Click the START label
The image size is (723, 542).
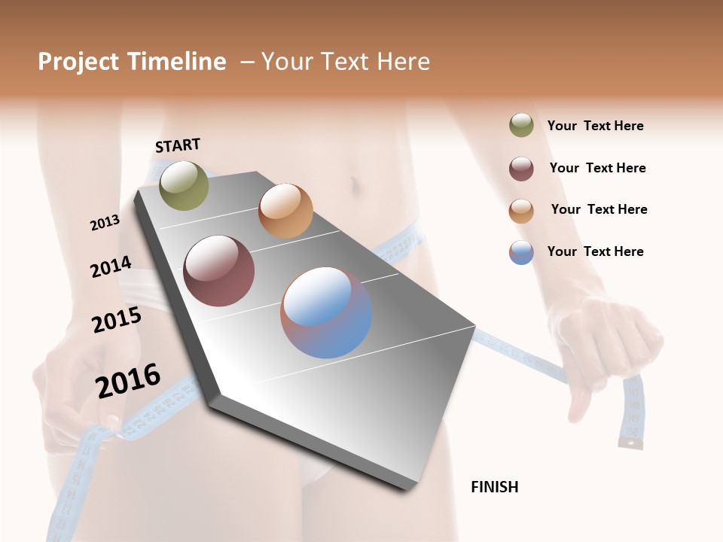178,145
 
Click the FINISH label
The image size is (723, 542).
495,487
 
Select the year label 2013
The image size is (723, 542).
105,222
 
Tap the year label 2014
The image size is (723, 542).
111,266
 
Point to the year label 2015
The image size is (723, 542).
117,320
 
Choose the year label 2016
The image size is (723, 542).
128,380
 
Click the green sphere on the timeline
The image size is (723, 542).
184,185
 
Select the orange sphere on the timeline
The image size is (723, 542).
285,211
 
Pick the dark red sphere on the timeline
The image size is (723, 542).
219,271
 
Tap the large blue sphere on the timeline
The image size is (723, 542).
326,312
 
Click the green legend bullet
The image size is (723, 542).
521,126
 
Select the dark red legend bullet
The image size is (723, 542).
521,169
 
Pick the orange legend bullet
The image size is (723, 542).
521,211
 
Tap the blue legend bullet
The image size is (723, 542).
521,252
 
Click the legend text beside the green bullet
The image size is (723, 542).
595,126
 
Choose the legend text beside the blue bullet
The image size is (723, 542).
595,251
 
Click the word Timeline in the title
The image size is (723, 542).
177,62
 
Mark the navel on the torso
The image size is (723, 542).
353,184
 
